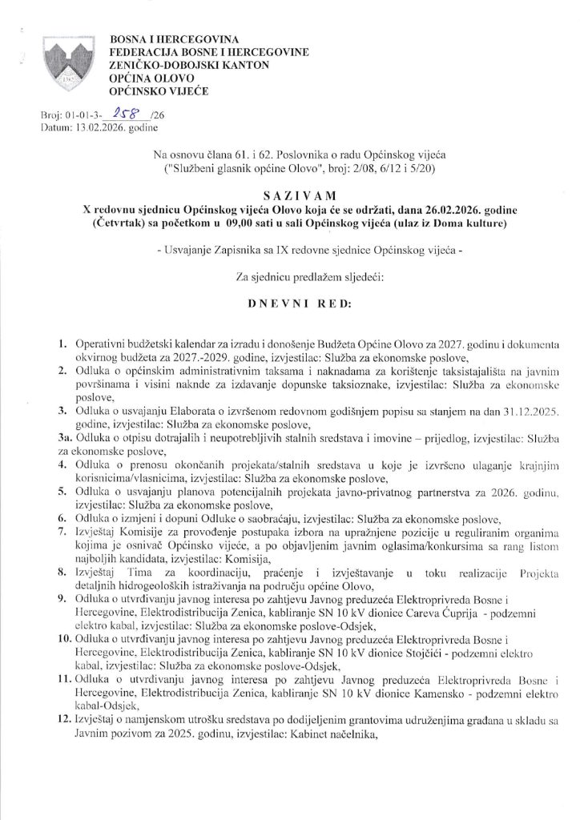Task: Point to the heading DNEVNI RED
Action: [291, 305]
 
